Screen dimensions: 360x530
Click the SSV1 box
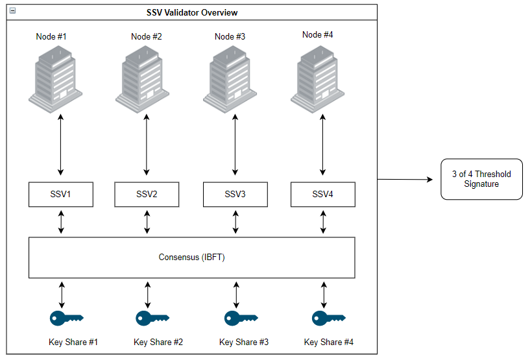point(61,195)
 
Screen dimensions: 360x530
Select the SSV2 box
point(147,195)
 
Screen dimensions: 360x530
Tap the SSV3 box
point(235,195)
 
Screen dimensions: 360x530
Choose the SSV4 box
point(322,194)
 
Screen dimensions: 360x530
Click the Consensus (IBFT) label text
point(191,258)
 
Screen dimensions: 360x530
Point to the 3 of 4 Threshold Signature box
point(481,179)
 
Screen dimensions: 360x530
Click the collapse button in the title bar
point(12,11)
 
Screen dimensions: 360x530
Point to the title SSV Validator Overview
point(191,12)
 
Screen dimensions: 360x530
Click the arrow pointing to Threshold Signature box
point(405,179)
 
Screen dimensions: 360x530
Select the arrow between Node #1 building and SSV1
point(61,145)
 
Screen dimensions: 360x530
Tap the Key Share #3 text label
point(244,342)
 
